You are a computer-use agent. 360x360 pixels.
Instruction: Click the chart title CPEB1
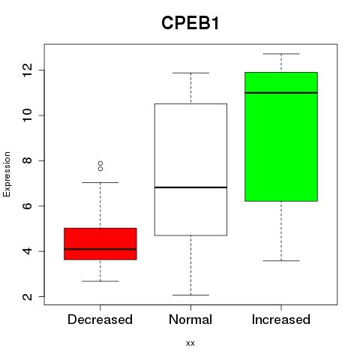190,23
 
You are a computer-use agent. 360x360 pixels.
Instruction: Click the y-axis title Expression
7,174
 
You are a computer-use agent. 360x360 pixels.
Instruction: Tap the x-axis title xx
190,343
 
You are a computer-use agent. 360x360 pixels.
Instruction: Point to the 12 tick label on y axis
28,70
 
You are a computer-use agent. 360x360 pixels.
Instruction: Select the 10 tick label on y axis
28,115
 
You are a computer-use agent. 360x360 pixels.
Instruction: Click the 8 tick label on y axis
28,160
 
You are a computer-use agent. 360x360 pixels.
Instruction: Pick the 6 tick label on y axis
28,205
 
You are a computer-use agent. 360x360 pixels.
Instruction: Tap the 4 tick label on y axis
28,251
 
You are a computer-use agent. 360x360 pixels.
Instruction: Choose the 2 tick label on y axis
28,296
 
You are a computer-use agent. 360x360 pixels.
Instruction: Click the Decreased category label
100,319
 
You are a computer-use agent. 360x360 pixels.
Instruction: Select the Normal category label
190,319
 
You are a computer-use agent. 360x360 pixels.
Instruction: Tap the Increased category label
281,319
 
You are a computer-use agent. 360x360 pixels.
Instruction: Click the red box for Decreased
100,244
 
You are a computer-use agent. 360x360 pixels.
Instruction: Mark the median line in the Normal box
190,187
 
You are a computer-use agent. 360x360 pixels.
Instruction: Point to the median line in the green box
281,93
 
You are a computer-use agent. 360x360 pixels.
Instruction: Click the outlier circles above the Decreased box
100,166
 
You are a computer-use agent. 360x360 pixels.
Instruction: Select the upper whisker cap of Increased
281,54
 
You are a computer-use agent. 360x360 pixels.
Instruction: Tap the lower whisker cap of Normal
190,295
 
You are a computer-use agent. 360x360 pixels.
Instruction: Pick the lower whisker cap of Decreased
100,281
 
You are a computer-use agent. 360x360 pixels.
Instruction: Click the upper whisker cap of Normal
190,73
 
